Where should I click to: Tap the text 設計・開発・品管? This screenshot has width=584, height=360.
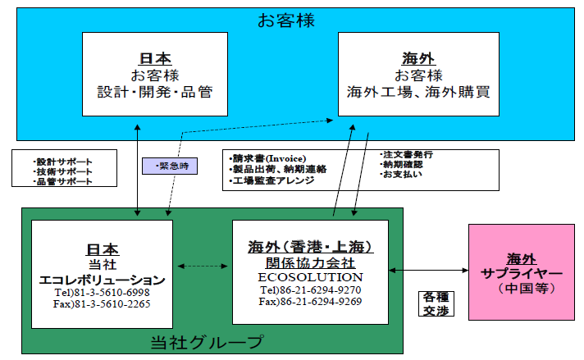(155, 91)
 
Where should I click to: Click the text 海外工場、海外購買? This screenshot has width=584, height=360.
(418, 91)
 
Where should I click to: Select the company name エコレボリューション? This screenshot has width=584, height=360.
(102, 279)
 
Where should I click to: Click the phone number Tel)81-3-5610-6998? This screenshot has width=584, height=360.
(102, 292)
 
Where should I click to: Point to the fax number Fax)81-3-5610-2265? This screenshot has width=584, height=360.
(102, 304)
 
